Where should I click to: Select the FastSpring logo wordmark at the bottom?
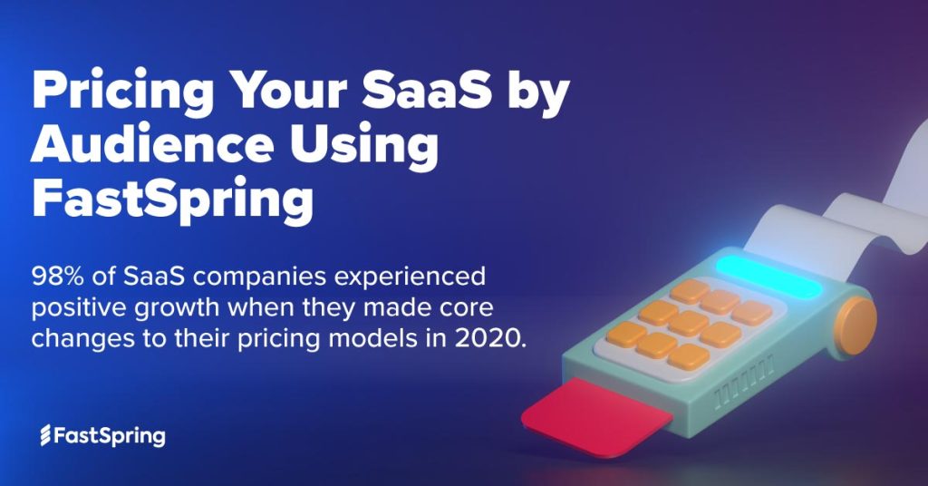click(111, 436)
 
